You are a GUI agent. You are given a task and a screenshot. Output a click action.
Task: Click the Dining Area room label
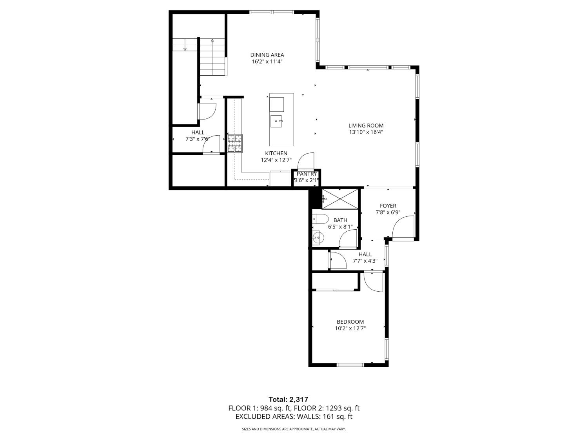pyautogui.click(x=267, y=55)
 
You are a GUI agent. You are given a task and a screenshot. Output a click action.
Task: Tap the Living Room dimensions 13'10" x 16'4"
pyautogui.click(x=366, y=132)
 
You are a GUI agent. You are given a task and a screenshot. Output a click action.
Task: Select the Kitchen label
pyautogui.click(x=276, y=153)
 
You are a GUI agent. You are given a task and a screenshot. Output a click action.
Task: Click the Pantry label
pyautogui.click(x=307, y=174)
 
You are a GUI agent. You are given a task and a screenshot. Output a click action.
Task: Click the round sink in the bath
pyautogui.click(x=318, y=237)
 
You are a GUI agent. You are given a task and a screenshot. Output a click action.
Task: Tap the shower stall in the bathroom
pyautogui.click(x=340, y=199)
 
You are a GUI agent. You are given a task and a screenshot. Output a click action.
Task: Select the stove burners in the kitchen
pyautogui.click(x=235, y=143)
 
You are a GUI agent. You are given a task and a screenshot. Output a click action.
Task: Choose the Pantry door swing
pyautogui.click(x=306, y=161)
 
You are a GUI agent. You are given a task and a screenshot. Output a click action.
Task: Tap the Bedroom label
pyautogui.click(x=350, y=322)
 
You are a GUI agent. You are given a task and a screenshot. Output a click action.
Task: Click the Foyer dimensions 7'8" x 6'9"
pyautogui.click(x=388, y=212)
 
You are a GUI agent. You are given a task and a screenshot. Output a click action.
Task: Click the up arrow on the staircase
pyautogui.click(x=212, y=40)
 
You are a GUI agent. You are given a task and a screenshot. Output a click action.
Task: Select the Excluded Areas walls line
pyautogui.click(x=294, y=417)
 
